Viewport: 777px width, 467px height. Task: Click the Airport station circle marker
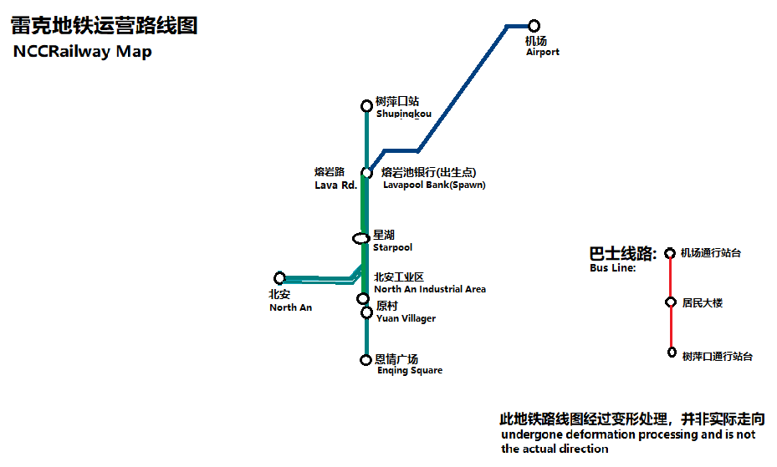coord(534,26)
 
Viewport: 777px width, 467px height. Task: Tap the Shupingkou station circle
coord(366,106)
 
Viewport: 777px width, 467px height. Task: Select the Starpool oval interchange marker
coord(360,239)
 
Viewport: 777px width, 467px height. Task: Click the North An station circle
coord(280,278)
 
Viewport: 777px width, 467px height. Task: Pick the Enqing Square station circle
coord(365,360)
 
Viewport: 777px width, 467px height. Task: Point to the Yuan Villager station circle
coord(366,312)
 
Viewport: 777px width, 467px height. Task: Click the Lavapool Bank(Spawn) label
coord(434,185)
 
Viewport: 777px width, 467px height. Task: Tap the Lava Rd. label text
coord(335,185)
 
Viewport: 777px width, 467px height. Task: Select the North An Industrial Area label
coord(430,289)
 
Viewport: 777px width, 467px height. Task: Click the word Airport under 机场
coord(543,52)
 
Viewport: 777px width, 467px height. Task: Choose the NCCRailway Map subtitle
coord(82,52)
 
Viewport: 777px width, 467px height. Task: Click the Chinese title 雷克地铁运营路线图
coord(104,26)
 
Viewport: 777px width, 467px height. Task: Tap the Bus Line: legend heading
coord(612,268)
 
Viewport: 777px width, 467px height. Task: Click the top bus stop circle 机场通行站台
coord(670,253)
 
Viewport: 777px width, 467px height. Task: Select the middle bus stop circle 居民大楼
coord(671,302)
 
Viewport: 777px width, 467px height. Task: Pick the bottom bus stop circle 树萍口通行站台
coord(672,353)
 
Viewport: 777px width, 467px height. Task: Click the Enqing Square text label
coord(410,371)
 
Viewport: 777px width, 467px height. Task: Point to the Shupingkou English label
coord(404,114)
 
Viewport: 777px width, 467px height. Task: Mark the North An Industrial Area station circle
coord(363,298)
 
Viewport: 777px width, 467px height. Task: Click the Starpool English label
coord(392,247)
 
